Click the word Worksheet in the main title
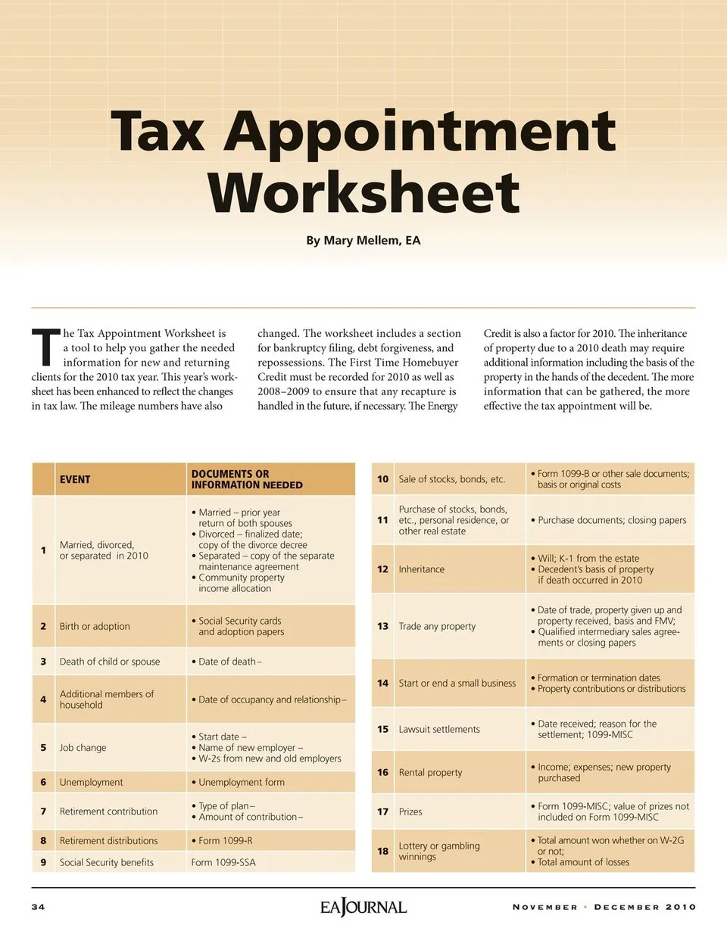[363, 192]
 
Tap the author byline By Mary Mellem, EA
[363, 241]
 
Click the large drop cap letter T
[45, 347]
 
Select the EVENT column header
[75, 479]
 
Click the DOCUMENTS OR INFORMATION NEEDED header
[247, 479]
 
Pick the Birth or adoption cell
[95, 626]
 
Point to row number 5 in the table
[43, 747]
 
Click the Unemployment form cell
[242, 782]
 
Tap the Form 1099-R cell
[226, 840]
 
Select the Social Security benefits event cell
[107, 862]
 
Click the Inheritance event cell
[422, 569]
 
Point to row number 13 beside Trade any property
[383, 626]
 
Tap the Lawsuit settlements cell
[439, 729]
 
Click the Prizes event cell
[410, 812]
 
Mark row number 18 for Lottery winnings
[383, 851]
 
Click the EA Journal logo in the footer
[363, 906]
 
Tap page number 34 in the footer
[38, 907]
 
